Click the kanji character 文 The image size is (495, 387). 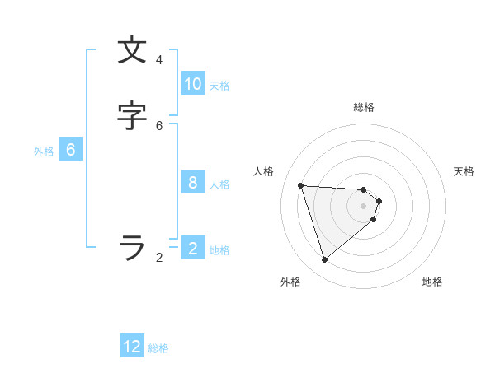[132, 51]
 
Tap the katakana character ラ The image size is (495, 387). [132, 247]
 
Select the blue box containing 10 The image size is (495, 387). [193, 84]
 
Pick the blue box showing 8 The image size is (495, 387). [193, 183]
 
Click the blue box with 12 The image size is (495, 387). [132, 347]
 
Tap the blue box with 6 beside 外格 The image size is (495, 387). [71, 150]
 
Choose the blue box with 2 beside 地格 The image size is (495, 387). [193, 248]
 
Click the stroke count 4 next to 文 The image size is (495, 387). [159, 60]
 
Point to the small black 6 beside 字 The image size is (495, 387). [159, 125]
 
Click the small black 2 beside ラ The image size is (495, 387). [159, 258]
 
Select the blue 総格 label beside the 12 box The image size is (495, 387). [158, 348]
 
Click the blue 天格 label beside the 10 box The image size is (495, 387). [219, 86]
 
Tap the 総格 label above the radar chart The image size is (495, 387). [364, 107]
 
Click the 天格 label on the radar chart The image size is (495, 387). [464, 171]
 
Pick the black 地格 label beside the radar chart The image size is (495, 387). [432, 282]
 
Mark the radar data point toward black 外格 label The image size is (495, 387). [324, 260]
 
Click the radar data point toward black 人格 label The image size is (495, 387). [301, 185]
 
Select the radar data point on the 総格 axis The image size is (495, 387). [364, 189]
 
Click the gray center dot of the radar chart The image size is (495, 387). [364, 217]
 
